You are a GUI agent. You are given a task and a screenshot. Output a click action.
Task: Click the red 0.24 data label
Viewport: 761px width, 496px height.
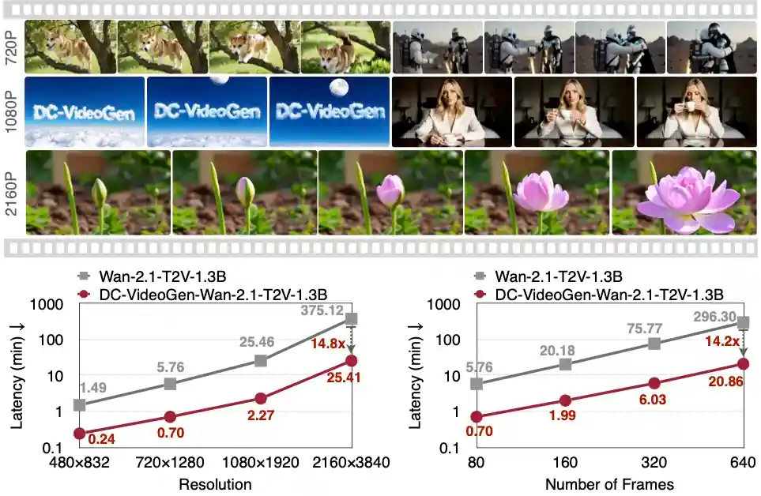pos(101,438)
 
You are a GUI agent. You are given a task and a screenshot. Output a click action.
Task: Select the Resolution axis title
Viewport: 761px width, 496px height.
pos(216,483)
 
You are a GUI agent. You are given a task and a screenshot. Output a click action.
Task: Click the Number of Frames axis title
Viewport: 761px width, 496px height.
pos(609,483)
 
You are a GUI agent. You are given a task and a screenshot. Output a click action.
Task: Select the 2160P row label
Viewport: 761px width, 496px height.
pos(12,194)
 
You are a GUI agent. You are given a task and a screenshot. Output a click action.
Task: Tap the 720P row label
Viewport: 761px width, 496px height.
pos(12,47)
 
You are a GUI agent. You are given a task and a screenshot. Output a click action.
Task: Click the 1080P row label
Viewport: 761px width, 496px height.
pos(12,112)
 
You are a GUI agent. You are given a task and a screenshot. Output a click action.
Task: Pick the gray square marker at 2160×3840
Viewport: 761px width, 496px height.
pos(351,318)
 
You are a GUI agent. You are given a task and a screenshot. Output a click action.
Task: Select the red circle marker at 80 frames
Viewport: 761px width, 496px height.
pos(477,416)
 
